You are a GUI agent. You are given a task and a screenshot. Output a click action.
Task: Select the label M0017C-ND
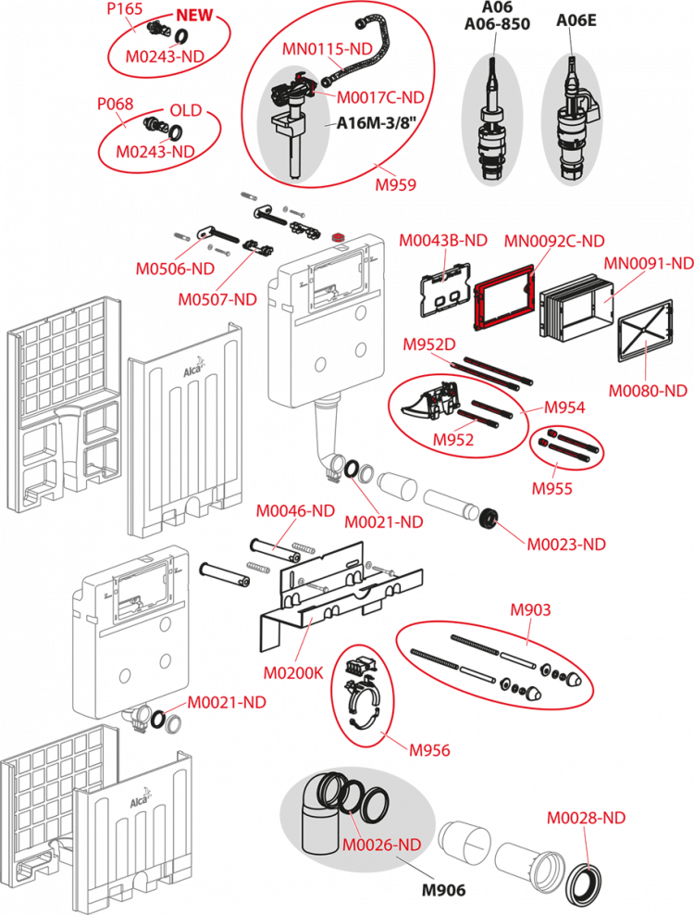coord(379,96)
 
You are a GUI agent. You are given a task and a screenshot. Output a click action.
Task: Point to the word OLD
coord(185,110)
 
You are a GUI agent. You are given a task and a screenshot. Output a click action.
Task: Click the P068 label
coord(115,105)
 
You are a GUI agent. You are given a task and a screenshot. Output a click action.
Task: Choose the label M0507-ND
coord(217,299)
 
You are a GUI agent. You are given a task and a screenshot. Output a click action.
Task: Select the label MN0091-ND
coord(648,264)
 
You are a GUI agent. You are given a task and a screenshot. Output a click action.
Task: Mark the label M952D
coord(429,345)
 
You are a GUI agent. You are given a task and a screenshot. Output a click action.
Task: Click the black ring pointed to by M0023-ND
coord(487,519)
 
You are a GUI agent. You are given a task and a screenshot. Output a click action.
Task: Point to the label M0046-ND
coord(295,509)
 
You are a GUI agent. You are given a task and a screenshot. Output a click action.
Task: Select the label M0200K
coord(292,673)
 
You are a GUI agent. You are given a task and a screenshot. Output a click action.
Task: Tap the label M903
coord(531,609)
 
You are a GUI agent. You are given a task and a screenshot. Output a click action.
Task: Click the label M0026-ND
coord(381,844)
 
